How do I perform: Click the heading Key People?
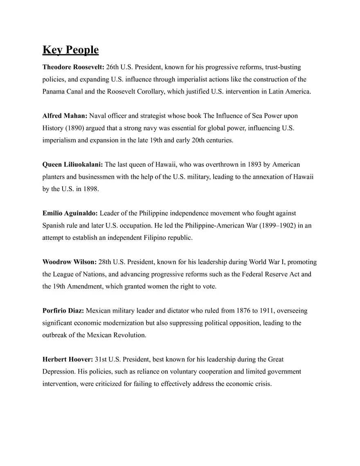[70, 50]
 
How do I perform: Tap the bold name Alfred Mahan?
[65, 116]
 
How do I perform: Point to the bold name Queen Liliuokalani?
[73, 164]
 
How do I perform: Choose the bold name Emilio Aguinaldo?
[70, 213]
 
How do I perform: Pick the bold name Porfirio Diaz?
[63, 311]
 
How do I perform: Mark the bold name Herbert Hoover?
[67, 359]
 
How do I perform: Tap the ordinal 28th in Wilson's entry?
[105, 262]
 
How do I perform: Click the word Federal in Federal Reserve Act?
[243, 274]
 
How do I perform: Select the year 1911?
[268, 311]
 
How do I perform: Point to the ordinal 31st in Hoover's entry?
[101, 359]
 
